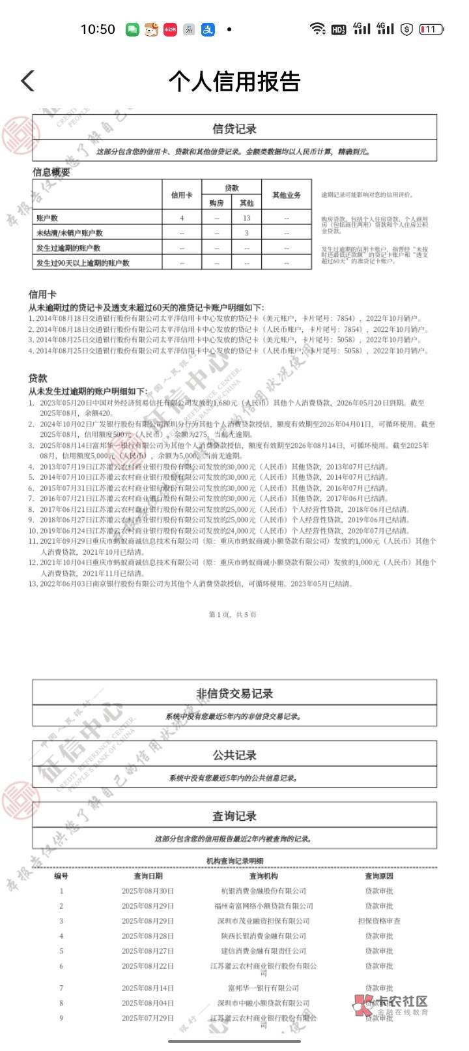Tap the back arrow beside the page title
click(27, 81)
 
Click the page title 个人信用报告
click(234, 81)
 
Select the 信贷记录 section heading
click(234, 129)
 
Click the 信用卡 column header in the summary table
click(182, 195)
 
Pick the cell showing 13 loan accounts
click(246, 218)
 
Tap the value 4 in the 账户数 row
click(182, 218)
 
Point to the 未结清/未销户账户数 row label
click(70, 233)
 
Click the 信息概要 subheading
click(51, 172)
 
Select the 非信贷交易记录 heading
click(234, 694)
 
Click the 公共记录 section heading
click(234, 755)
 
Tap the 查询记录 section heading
click(234, 816)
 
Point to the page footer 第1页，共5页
click(233, 614)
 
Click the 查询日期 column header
click(148, 876)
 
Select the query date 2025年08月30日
click(148, 891)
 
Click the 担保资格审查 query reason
click(379, 921)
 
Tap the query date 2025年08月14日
click(148, 988)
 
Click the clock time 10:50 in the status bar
click(98, 29)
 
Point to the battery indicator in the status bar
click(431, 29)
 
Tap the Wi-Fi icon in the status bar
click(317, 29)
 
